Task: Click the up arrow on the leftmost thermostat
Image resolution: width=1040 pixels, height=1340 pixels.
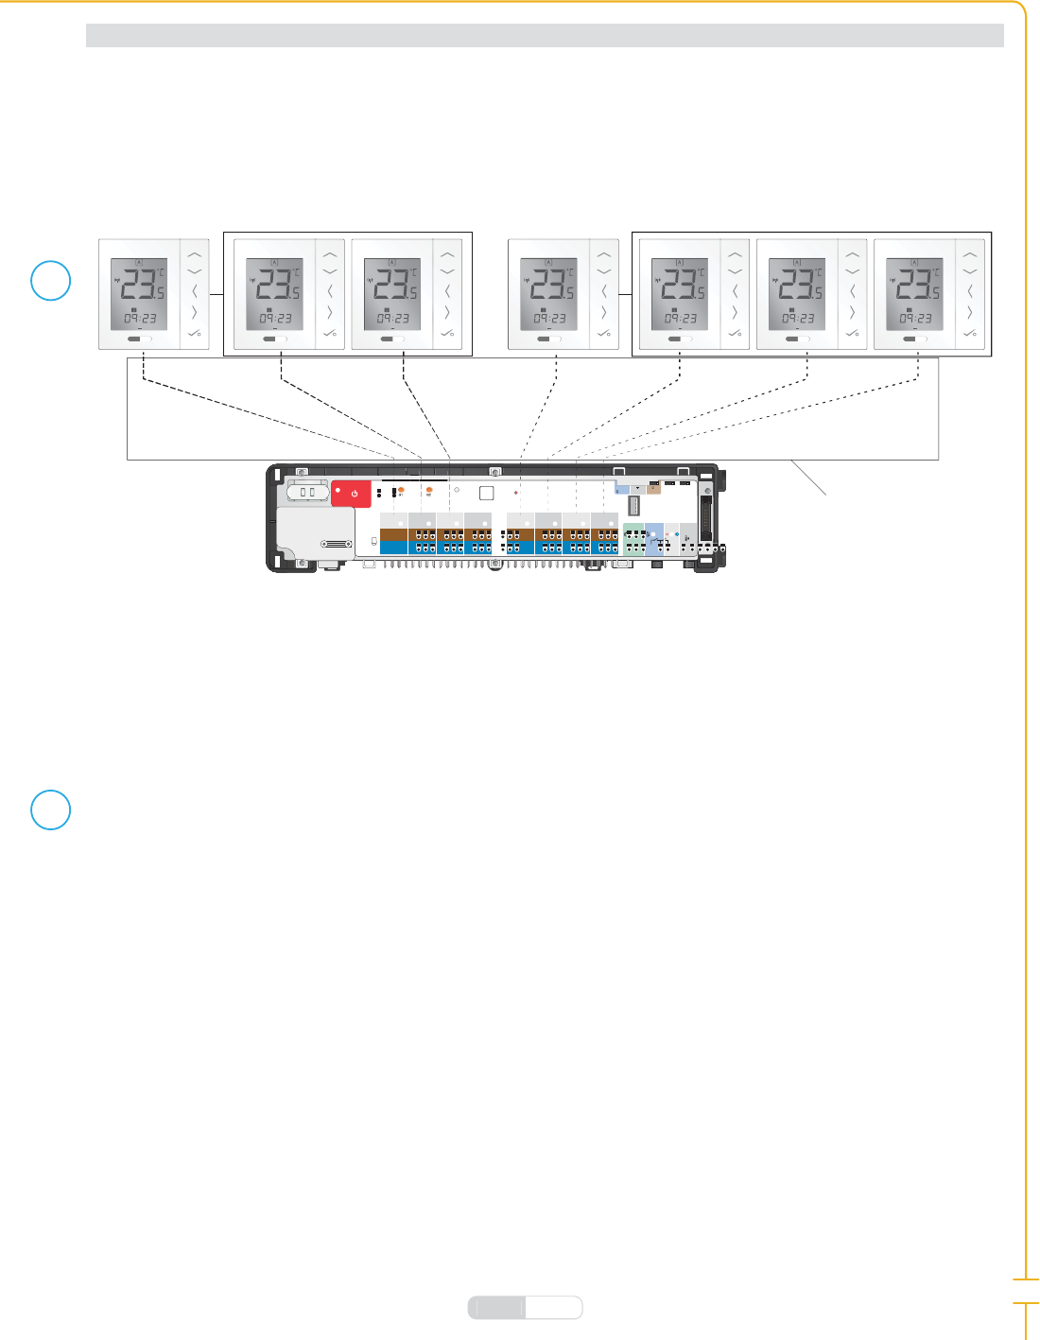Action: click(195, 254)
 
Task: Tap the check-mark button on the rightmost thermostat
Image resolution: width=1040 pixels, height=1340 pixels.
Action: click(969, 333)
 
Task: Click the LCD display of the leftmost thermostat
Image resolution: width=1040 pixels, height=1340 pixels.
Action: click(139, 294)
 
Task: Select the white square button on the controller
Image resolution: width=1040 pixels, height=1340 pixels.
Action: click(486, 493)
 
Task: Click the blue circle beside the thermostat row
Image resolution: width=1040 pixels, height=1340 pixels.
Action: click(51, 281)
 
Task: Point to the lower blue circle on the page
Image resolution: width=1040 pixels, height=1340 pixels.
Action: click(51, 809)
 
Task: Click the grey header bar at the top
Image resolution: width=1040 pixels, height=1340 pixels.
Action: click(545, 36)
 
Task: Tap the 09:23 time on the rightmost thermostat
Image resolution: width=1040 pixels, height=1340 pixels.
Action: click(914, 319)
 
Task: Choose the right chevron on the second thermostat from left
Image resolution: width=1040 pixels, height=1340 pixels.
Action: click(330, 312)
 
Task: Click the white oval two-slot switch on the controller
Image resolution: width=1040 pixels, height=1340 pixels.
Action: click(307, 492)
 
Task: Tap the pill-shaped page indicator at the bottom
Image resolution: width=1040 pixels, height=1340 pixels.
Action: click(526, 1307)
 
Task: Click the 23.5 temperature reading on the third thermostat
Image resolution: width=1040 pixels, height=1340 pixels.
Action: click(392, 283)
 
